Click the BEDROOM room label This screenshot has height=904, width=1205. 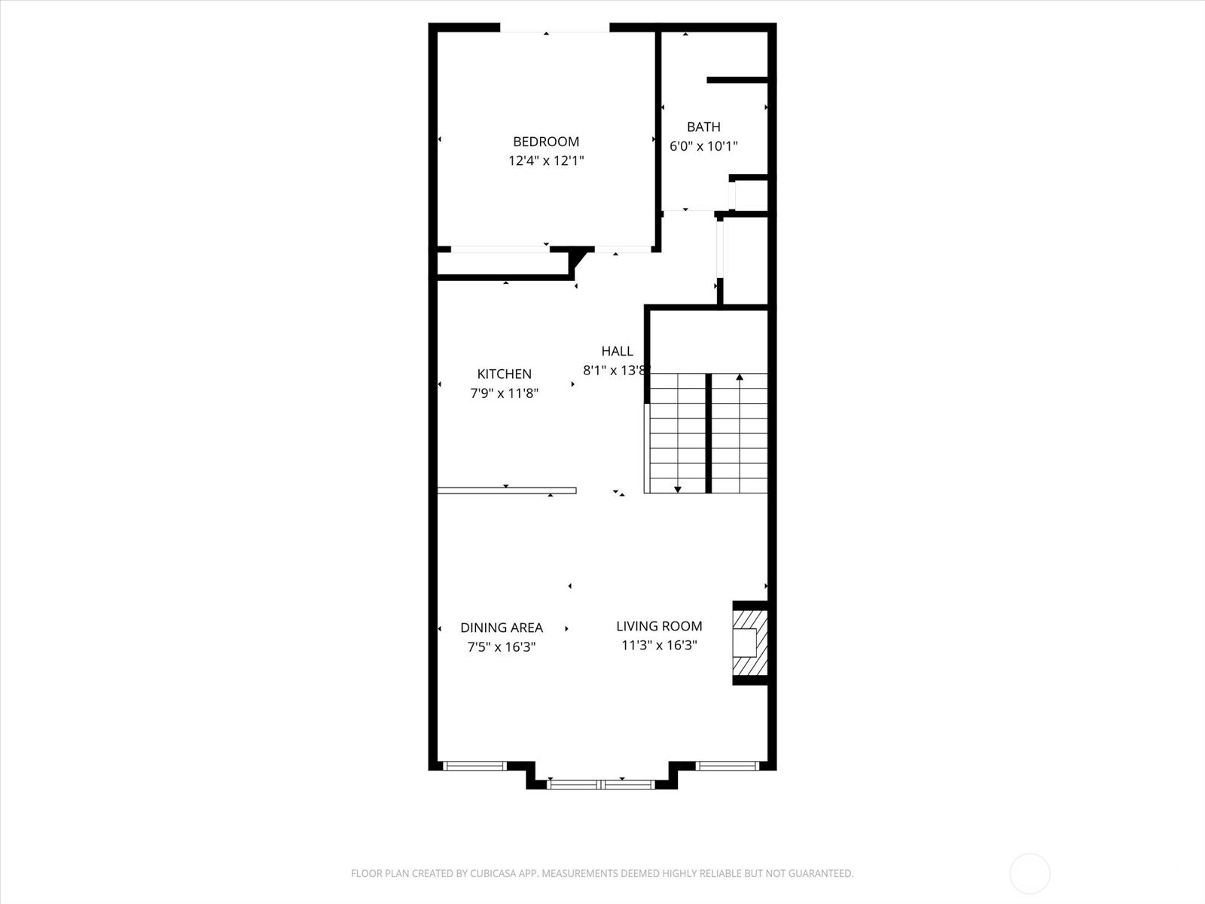coord(546,142)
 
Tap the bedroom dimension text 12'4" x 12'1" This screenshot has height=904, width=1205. coord(546,160)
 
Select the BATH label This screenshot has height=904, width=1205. coord(703,127)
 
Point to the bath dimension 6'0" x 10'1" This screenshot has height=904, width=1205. coord(703,146)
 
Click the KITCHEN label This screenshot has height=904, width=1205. coord(504,374)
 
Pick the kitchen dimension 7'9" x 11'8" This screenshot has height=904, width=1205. coord(504,393)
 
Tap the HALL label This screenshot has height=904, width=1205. coord(617,351)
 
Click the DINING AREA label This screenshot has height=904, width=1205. coord(502,628)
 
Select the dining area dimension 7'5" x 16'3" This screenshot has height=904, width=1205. coord(502,647)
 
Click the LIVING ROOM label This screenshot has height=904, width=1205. coord(659,626)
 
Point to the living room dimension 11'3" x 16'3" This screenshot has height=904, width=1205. coord(659,646)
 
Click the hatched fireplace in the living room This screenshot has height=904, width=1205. coord(751,643)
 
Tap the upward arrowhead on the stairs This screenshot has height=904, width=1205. coord(740,377)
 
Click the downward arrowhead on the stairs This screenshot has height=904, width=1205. coord(678,490)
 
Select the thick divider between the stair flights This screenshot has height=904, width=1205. coord(708,433)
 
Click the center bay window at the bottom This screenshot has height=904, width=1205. coord(601,784)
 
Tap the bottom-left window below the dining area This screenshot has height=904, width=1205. coord(474,766)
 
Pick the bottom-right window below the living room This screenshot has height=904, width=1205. coord(727,766)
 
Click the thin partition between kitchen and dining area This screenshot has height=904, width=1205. coord(507,490)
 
